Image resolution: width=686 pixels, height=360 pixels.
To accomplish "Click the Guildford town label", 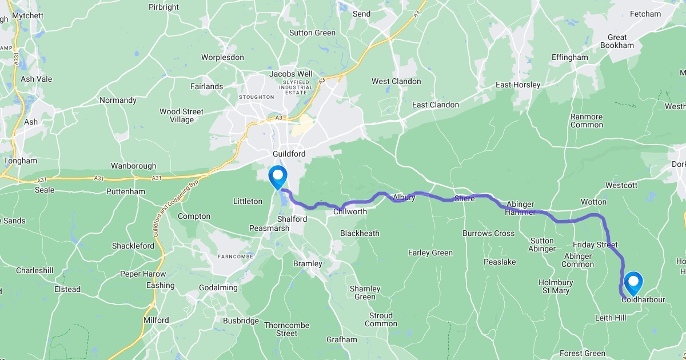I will [289, 154].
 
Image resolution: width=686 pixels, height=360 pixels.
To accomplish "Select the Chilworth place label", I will [350, 212].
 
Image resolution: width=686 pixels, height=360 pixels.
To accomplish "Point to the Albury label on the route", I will [404, 198].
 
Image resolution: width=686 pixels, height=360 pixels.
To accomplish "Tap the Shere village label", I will [465, 199].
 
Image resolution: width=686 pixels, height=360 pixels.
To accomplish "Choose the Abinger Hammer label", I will [520, 208].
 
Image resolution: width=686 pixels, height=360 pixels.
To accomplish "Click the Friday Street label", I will [595, 245].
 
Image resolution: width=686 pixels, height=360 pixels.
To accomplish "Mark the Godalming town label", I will [218, 287].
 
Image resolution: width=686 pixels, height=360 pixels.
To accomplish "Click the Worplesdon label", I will [222, 57].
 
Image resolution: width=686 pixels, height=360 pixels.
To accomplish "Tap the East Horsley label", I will [517, 85].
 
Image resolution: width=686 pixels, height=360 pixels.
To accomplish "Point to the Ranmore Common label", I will [587, 121].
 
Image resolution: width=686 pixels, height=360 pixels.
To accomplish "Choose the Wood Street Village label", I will [181, 115].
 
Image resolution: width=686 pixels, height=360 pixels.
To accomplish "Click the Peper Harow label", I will [142, 274].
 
